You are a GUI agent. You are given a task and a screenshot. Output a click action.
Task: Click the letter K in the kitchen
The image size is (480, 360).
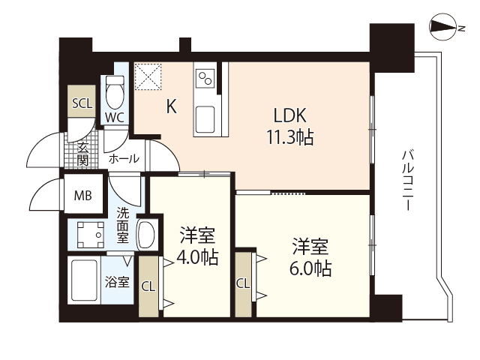point(171,107)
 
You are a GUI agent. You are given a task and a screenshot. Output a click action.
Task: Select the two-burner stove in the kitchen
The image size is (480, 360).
point(205,77)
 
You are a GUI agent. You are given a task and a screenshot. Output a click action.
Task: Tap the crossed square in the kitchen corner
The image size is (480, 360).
point(148,76)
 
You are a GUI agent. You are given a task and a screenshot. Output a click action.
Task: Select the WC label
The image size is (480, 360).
point(115,117)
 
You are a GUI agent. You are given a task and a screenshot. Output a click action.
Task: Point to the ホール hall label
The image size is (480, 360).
point(124,159)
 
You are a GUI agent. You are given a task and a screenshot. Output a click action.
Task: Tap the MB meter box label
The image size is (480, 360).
point(82,196)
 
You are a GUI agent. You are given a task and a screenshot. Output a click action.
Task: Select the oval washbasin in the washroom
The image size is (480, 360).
point(147,234)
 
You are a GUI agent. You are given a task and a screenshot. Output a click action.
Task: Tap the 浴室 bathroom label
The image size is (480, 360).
point(118,283)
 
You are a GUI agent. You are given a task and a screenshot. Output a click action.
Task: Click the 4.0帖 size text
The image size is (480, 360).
point(198,257)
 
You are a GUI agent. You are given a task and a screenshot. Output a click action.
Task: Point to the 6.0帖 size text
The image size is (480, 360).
point(311,267)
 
